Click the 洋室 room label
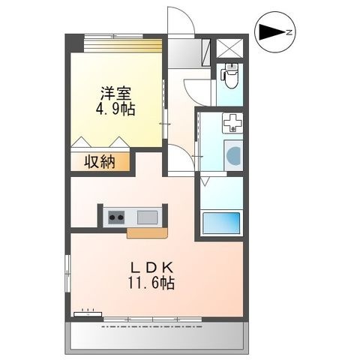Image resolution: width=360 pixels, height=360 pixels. pos(115,94)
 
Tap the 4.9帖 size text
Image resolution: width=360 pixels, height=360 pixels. pos(115,109)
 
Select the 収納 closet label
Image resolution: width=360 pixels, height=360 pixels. pos(100,162)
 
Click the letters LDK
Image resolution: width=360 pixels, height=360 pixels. pos(152,268)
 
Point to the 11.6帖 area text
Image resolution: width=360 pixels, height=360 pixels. pos(151,283)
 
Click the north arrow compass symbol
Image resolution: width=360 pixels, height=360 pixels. pos(275,32)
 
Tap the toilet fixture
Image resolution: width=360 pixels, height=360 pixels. pos(230,76)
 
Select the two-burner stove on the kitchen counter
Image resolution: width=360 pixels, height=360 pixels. pos(116,217)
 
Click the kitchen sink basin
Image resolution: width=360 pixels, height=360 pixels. pos(148,217)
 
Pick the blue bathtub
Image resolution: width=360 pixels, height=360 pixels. pos(221,223)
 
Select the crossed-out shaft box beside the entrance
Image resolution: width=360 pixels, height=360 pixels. pos(229,48)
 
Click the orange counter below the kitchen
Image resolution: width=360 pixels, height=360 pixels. pos(147,233)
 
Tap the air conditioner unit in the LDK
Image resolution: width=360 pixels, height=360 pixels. pos(88,313)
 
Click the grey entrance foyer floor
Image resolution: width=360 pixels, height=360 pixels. pos(185,53)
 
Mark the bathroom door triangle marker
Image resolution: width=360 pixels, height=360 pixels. pos(205,181)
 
